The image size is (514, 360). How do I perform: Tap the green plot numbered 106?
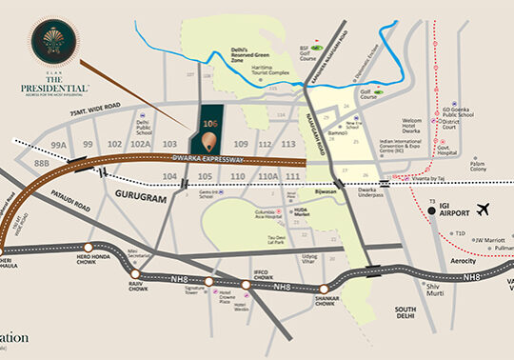coord(211,123)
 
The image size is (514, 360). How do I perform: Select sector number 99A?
coord(59,145)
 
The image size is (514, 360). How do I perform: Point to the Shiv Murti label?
coord(409,290)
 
